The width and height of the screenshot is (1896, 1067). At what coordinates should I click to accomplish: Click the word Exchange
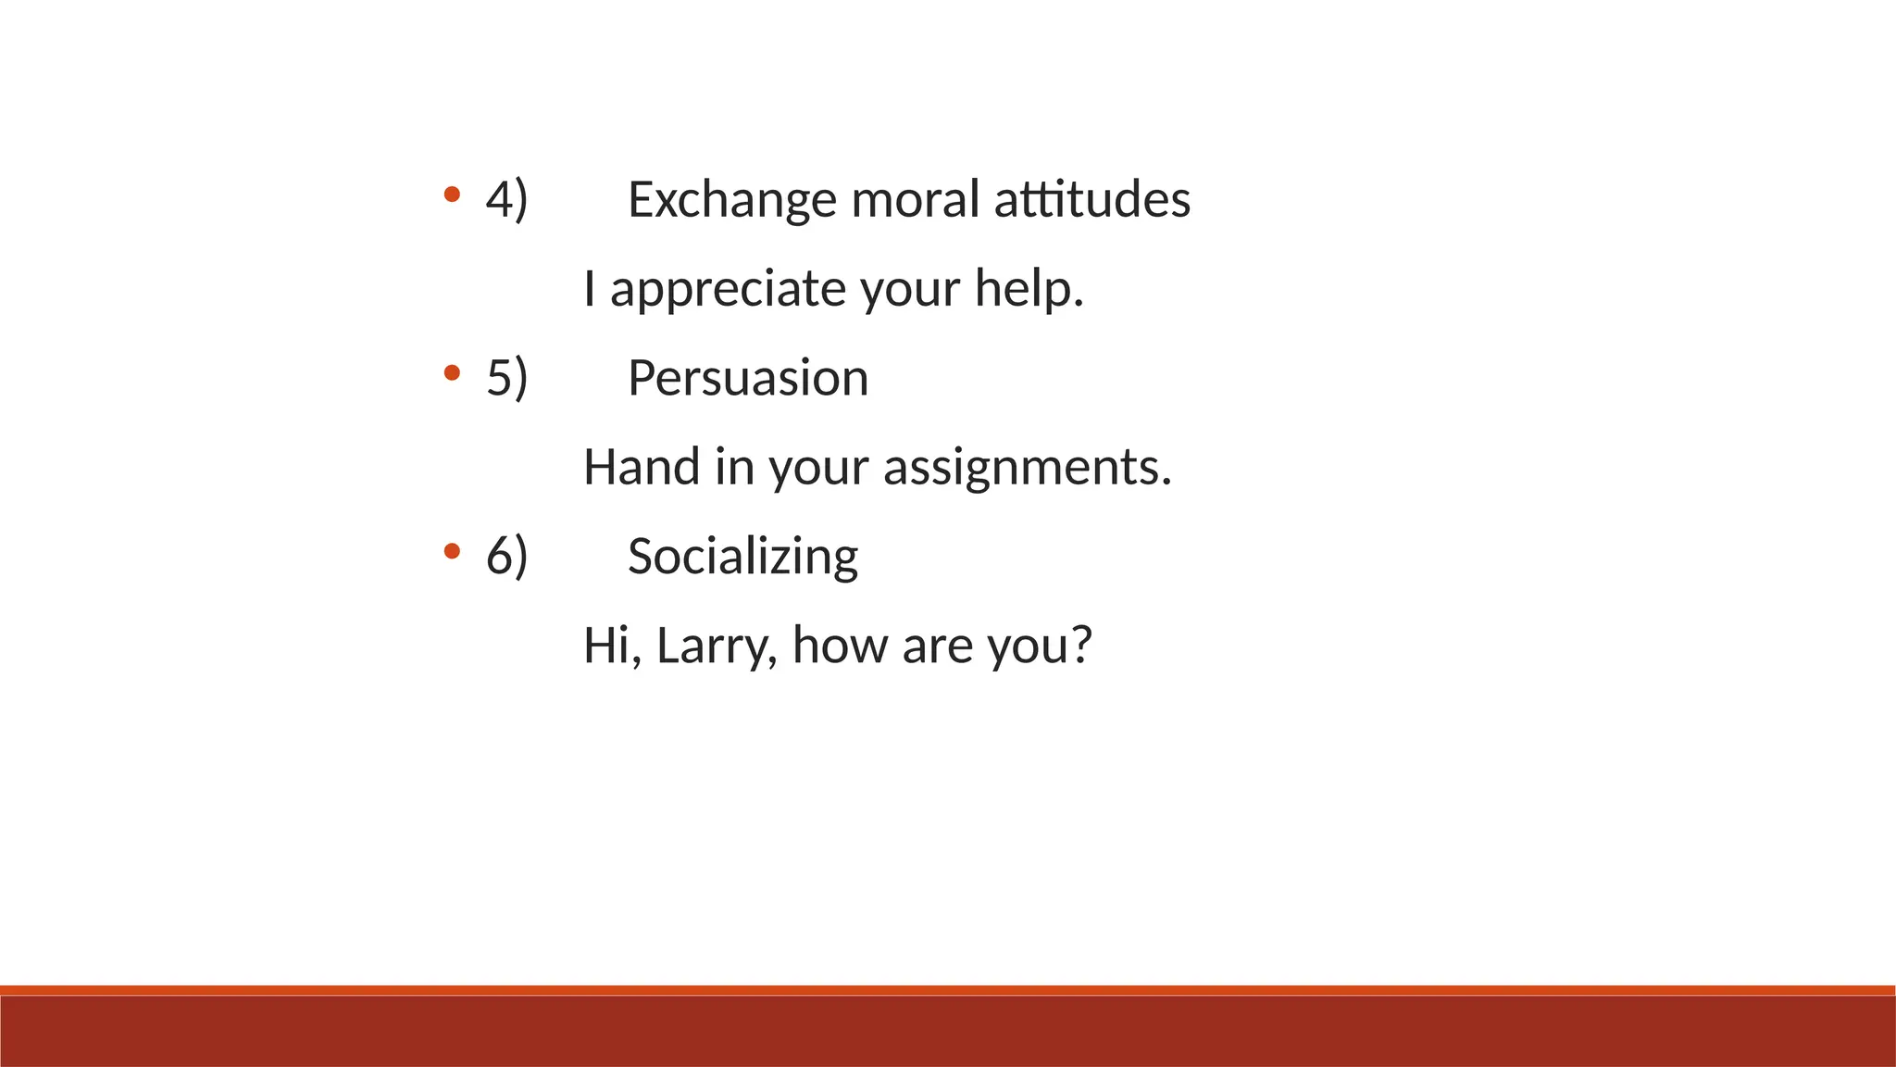pos(731,200)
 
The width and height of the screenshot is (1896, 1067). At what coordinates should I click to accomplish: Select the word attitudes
pos(1092,200)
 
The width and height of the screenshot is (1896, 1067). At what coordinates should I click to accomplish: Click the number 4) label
pos(506,200)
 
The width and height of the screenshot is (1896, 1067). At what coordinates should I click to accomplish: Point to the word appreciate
pos(727,290)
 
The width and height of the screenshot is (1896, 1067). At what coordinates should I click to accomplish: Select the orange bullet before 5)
pos(452,372)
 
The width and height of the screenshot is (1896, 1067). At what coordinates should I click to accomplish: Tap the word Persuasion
pos(748,378)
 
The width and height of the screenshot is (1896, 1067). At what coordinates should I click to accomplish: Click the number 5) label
pos(506,378)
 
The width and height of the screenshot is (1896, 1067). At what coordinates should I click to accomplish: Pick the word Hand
pos(641,467)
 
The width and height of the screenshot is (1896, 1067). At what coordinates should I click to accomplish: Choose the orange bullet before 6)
pos(452,551)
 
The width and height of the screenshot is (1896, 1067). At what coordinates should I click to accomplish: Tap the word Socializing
pos(742,557)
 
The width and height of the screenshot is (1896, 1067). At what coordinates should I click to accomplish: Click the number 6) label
pos(506,557)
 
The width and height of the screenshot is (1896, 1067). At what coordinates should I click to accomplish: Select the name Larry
pos(713,646)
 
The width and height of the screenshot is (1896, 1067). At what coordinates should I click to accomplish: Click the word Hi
pos(606,646)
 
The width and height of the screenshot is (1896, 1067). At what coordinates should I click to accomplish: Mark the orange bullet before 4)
pos(452,195)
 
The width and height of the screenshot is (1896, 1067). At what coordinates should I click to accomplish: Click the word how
pos(840,645)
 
